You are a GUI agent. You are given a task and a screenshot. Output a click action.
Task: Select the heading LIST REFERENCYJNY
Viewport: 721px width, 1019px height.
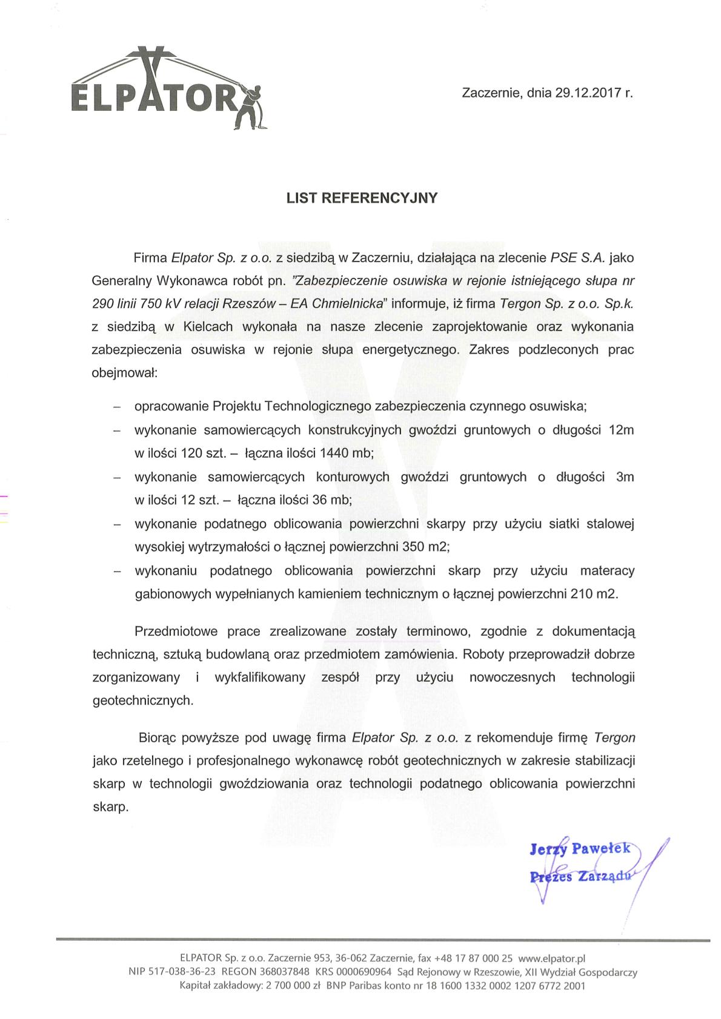[x=362, y=198]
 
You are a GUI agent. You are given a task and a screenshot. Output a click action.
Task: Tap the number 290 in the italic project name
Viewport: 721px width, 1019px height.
[x=104, y=303]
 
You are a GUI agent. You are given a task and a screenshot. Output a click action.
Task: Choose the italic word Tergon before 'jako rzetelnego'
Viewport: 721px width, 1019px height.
[x=614, y=738]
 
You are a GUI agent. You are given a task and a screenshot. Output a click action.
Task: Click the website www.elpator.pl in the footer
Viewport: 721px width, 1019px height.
[x=551, y=958]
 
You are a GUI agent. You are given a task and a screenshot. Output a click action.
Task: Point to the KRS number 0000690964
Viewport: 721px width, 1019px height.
[x=365, y=972]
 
